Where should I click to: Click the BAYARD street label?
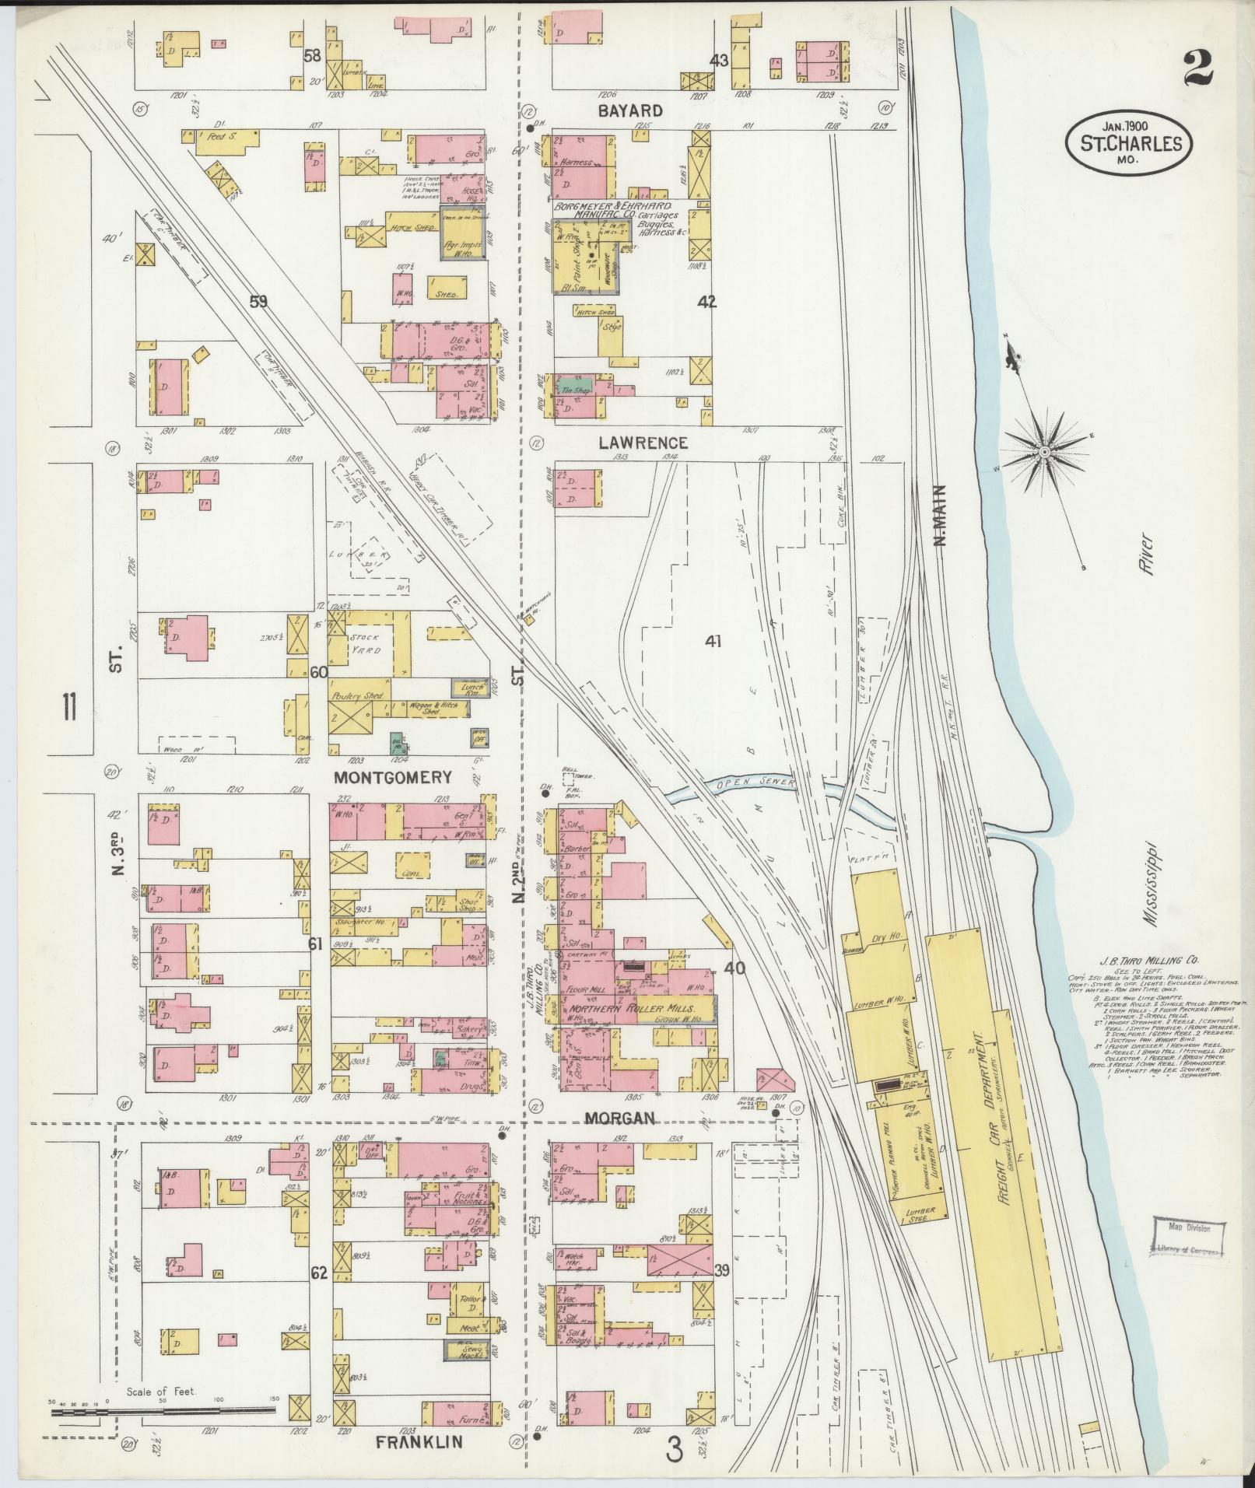pyautogui.click(x=630, y=110)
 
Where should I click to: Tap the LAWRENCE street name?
pyautogui.click(x=643, y=443)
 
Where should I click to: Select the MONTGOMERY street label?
pyautogui.click(x=393, y=777)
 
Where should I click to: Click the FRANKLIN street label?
pyautogui.click(x=419, y=1441)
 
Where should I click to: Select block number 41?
pyautogui.click(x=713, y=641)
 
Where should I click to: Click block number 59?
pyautogui.click(x=258, y=301)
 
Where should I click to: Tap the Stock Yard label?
pyautogui.click(x=364, y=642)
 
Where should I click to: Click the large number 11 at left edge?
pyautogui.click(x=70, y=709)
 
